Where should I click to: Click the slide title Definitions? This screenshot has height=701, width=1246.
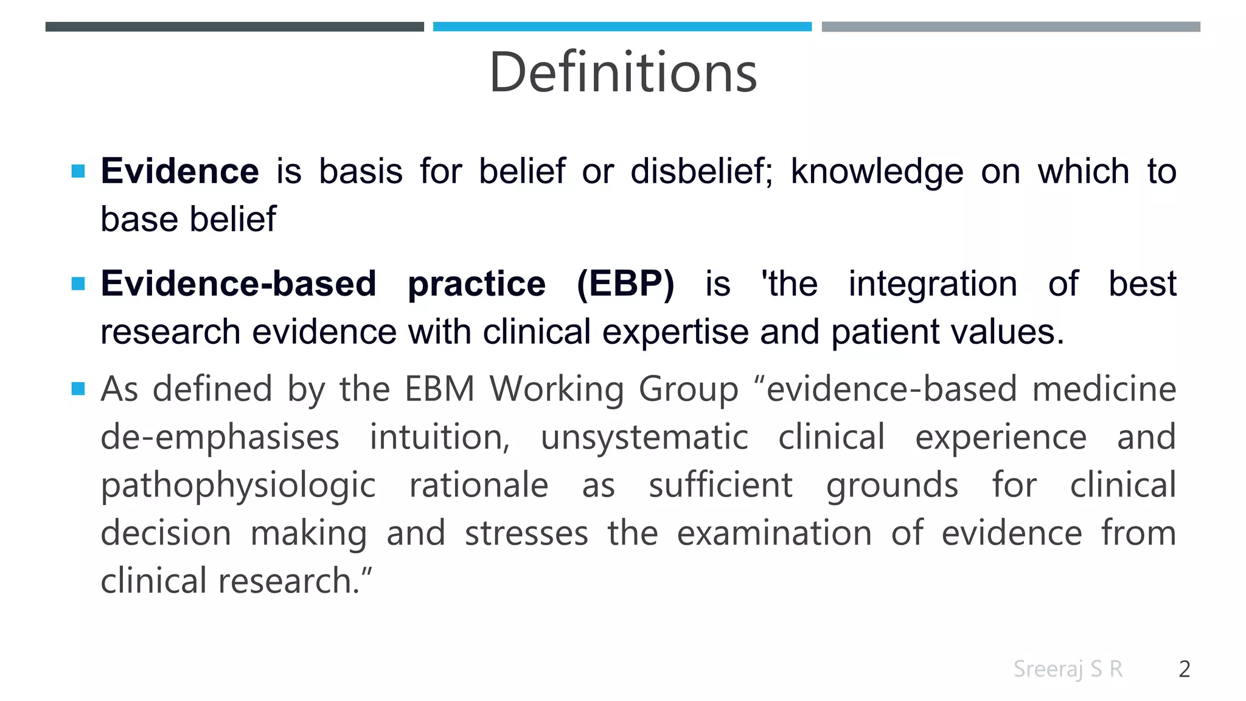[x=623, y=73]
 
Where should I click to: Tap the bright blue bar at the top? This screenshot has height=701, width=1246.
[x=622, y=27]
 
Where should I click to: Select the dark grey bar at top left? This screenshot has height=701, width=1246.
[x=234, y=27]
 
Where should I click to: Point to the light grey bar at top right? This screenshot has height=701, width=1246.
[x=1011, y=27]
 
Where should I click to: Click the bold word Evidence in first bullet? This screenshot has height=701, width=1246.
[x=179, y=171]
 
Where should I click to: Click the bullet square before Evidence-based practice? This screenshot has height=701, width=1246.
[x=78, y=284]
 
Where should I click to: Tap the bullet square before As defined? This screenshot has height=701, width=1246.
[x=78, y=388]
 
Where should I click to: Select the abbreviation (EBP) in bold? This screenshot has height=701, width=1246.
[x=625, y=284]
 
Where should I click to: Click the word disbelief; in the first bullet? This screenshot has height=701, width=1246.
[x=701, y=171]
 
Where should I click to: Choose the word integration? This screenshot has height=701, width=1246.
[x=933, y=284]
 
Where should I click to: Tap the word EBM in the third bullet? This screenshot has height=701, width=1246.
[x=439, y=389]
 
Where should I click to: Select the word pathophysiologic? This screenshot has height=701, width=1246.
[x=238, y=486]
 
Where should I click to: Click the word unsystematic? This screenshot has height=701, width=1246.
[x=644, y=438]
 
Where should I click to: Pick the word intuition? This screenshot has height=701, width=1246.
[x=439, y=438]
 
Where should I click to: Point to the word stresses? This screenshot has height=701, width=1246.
[x=526, y=534]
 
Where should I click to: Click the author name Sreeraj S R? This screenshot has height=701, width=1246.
[x=1068, y=669]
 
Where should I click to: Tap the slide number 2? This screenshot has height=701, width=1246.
[x=1184, y=669]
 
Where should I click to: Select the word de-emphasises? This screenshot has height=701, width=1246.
[x=220, y=438]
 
